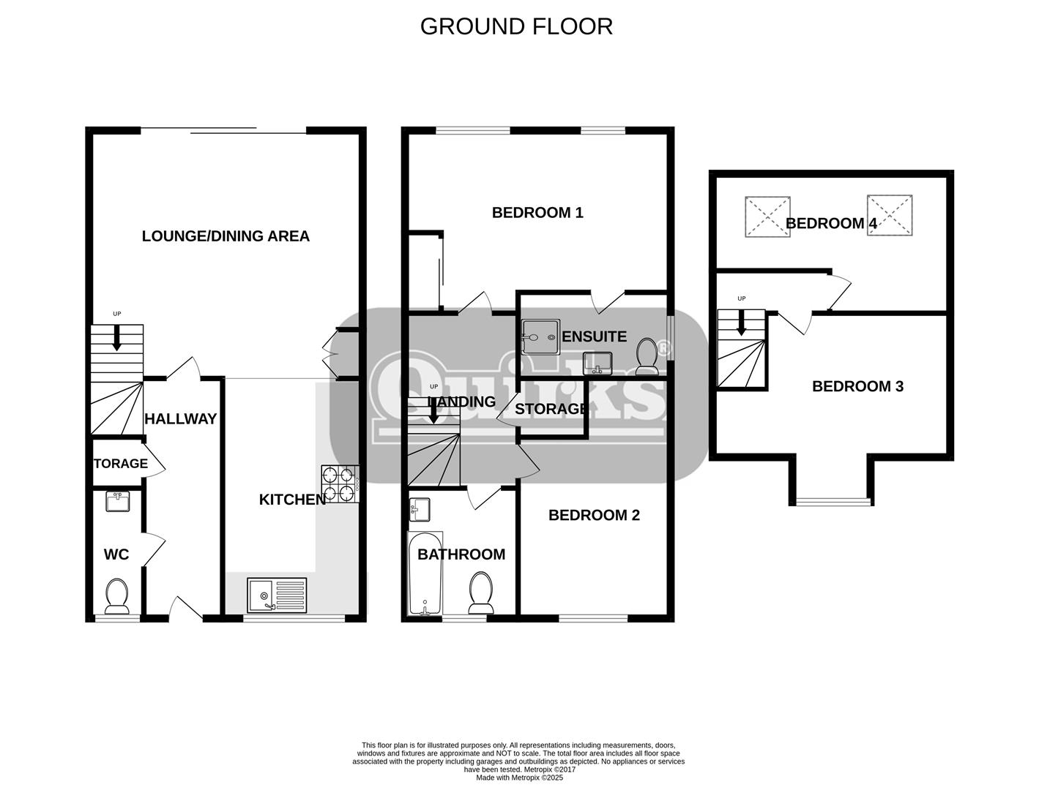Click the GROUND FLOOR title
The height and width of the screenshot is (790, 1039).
516,26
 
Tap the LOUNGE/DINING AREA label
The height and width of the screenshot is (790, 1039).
226,236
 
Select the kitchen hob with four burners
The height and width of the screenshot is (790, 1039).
340,484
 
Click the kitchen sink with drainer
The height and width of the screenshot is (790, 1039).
277,595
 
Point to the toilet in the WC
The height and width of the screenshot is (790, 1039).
116,597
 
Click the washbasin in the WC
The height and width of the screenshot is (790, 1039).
117,502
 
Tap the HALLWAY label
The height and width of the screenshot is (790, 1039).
180,418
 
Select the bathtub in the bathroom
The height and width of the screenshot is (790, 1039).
425,573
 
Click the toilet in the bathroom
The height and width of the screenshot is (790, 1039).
481,592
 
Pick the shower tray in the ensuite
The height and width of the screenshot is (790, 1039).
540,336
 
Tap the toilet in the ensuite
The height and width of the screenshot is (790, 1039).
647,357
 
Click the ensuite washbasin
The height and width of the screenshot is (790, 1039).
597,363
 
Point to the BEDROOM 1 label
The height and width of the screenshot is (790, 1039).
537,213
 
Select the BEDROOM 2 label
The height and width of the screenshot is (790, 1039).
594,515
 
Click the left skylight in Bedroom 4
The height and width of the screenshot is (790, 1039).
767,216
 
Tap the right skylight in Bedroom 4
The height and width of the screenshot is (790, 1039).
890,214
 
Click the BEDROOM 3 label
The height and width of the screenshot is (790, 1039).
857,386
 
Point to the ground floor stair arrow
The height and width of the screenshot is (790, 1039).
116,337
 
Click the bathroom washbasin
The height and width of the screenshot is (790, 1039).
420,509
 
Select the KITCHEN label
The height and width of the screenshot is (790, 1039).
293,500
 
